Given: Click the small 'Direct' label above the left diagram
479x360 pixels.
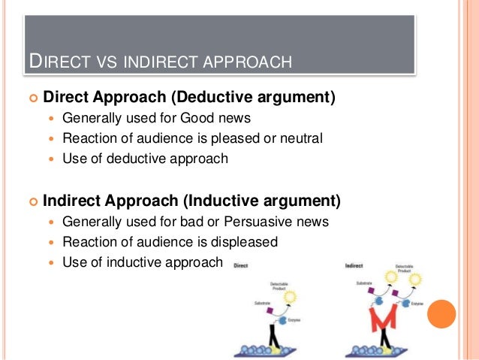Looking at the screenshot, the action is click(x=241, y=265).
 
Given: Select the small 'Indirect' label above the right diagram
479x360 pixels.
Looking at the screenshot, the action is click(x=354, y=266).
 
